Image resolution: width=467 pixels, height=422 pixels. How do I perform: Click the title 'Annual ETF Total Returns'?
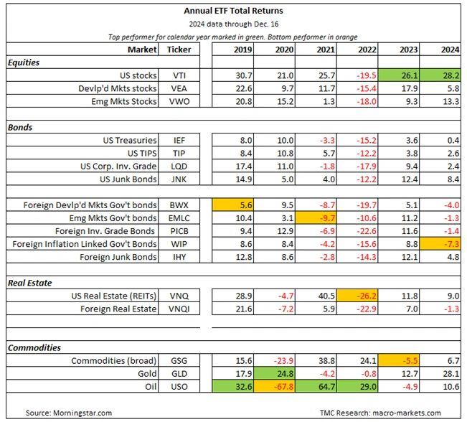tap(233, 11)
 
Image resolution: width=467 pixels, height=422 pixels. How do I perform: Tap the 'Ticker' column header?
tap(179, 50)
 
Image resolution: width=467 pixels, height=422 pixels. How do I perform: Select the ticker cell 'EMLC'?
tap(179, 218)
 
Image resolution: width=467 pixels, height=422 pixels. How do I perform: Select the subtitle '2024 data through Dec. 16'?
tap(233, 23)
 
